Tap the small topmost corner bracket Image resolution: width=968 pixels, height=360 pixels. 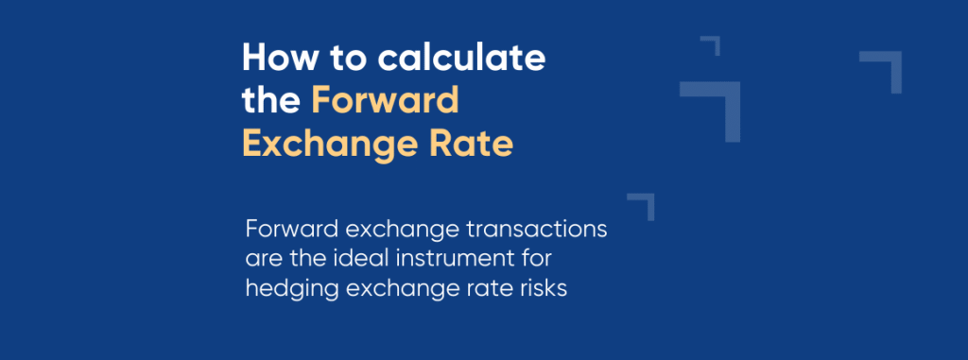tap(712, 43)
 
